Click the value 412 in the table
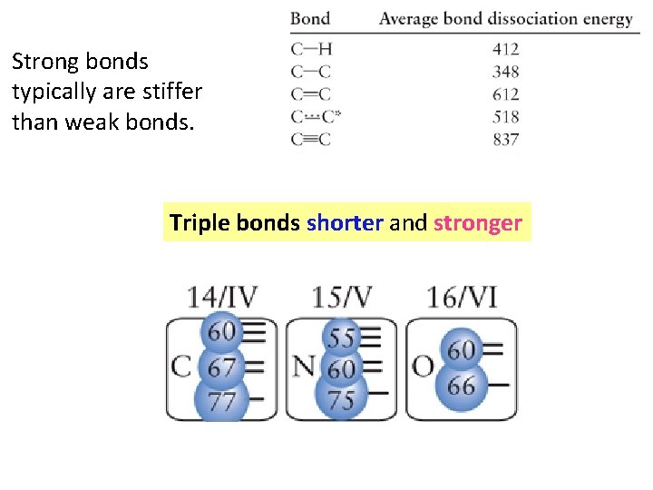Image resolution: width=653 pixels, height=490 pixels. click(x=506, y=48)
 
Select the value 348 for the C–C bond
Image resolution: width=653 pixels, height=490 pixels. click(x=506, y=71)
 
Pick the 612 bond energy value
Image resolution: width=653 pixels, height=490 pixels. click(x=506, y=93)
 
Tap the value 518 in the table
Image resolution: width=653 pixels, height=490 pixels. click(x=506, y=116)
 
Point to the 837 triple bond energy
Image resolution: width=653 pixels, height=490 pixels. click(x=506, y=139)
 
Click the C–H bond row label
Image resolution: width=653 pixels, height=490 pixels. click(x=311, y=48)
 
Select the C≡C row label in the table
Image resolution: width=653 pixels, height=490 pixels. click(x=311, y=139)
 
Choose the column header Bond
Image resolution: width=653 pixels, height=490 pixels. click(x=310, y=18)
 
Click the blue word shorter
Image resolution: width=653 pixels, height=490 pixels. click(x=345, y=223)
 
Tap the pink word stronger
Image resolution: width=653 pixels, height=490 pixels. click(x=478, y=223)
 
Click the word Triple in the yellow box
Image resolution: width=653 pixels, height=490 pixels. click(x=200, y=223)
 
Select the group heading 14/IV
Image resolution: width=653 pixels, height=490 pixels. click(x=222, y=297)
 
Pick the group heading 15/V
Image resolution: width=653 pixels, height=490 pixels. click(x=342, y=297)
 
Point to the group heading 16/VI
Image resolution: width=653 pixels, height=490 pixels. click(x=462, y=297)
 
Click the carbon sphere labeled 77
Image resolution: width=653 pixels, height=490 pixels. click(x=222, y=400)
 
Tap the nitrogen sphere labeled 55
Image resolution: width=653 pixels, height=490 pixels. click(x=341, y=338)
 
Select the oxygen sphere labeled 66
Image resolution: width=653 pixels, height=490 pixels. click(x=461, y=386)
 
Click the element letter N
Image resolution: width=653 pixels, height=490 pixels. click(x=303, y=367)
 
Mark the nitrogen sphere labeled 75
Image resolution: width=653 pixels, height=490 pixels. click(x=341, y=400)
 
